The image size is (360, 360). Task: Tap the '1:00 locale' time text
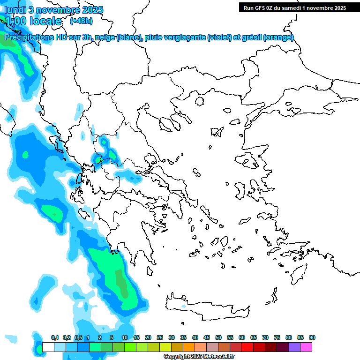[33, 21]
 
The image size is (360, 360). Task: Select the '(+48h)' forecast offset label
[81, 21]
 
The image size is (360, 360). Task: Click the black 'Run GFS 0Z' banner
[293, 7]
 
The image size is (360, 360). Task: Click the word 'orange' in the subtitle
[278, 37]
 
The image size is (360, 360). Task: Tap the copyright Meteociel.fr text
[199, 356]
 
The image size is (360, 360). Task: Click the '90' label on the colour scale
[312, 337]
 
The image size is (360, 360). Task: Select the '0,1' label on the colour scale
[55, 337]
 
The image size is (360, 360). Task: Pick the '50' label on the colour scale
[218, 337]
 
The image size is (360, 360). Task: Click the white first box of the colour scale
[48, 347]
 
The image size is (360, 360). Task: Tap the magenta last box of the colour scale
[306, 347]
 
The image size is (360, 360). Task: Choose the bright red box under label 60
[247, 347]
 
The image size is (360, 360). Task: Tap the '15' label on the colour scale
[136, 337]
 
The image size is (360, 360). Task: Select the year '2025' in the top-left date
[93, 10]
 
